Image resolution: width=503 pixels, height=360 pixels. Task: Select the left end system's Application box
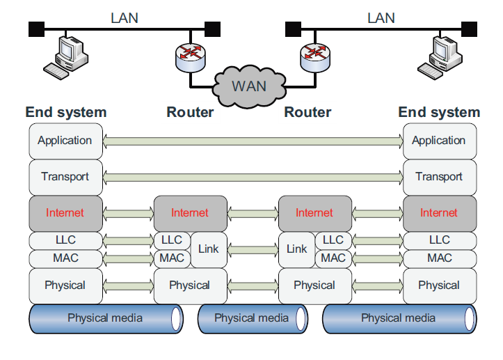coord(65,141)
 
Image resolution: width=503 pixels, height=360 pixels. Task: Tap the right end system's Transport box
coord(439,177)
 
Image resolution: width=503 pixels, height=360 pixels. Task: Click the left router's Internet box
coord(190,213)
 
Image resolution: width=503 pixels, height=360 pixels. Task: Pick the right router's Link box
coord(296,249)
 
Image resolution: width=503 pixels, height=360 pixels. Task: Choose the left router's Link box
coord(209,249)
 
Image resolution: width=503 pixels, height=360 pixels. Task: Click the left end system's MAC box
coord(65,258)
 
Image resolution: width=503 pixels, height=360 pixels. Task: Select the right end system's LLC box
coord(439,240)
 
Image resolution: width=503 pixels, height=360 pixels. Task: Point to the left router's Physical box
coord(190,285)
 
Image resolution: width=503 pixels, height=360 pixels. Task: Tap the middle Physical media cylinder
coord(251,319)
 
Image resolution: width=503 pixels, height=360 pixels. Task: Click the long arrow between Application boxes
coord(253,141)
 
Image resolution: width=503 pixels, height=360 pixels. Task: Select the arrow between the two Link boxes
coord(253,249)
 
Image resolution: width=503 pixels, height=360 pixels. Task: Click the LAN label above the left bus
coord(125,17)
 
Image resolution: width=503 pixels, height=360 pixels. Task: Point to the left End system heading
coord(66,112)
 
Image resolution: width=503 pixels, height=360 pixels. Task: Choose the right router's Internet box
coord(314,213)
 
